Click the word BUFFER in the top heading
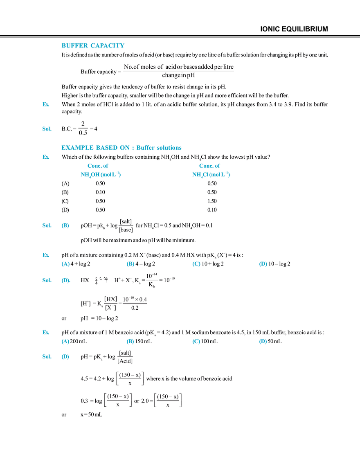(x=74, y=45)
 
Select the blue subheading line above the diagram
(x=121, y=148)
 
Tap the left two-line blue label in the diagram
(x=101, y=170)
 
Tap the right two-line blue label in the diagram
(x=211, y=170)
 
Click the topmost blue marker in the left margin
(x=46, y=104)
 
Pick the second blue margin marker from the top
(x=46, y=129)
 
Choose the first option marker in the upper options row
(x=65, y=264)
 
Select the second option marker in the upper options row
(x=130, y=264)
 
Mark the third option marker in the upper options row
(x=196, y=264)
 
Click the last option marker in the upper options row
(x=263, y=264)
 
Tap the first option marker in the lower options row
(x=65, y=342)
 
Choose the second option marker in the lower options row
(x=130, y=342)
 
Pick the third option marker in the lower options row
(x=196, y=342)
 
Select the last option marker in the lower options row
(x=263, y=342)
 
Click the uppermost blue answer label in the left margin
(x=46, y=225)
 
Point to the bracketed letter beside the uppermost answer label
(x=65, y=225)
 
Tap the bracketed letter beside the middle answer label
(x=65, y=281)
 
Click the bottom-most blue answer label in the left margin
(x=46, y=357)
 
